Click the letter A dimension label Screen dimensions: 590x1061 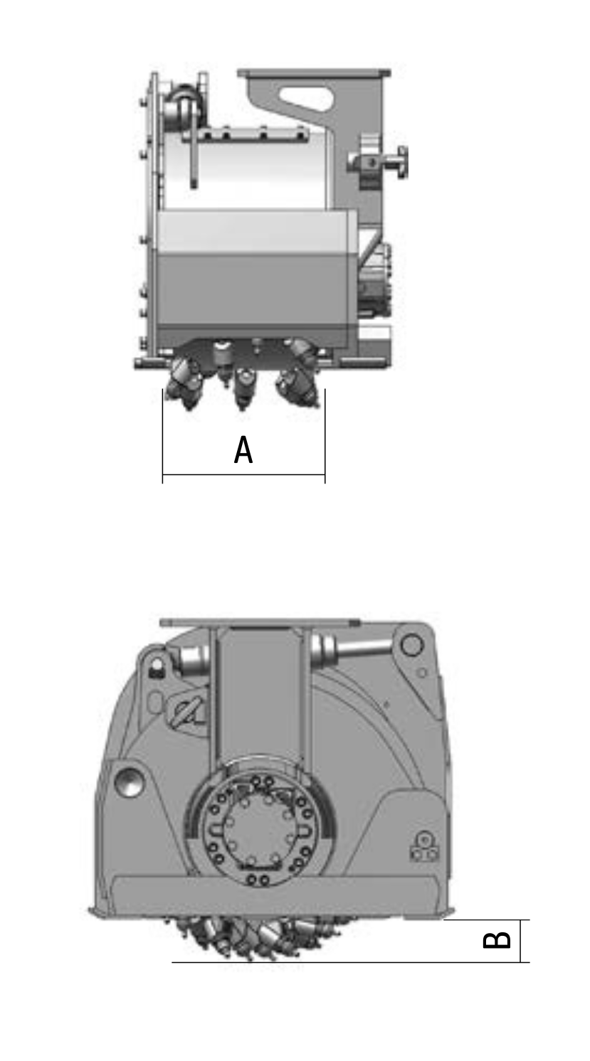click(x=243, y=449)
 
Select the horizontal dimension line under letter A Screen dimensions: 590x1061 click(x=243, y=474)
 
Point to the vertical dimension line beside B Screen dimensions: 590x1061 click(x=520, y=941)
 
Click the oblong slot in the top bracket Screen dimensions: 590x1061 click(x=305, y=98)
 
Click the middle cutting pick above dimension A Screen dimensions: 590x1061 click(x=243, y=388)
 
